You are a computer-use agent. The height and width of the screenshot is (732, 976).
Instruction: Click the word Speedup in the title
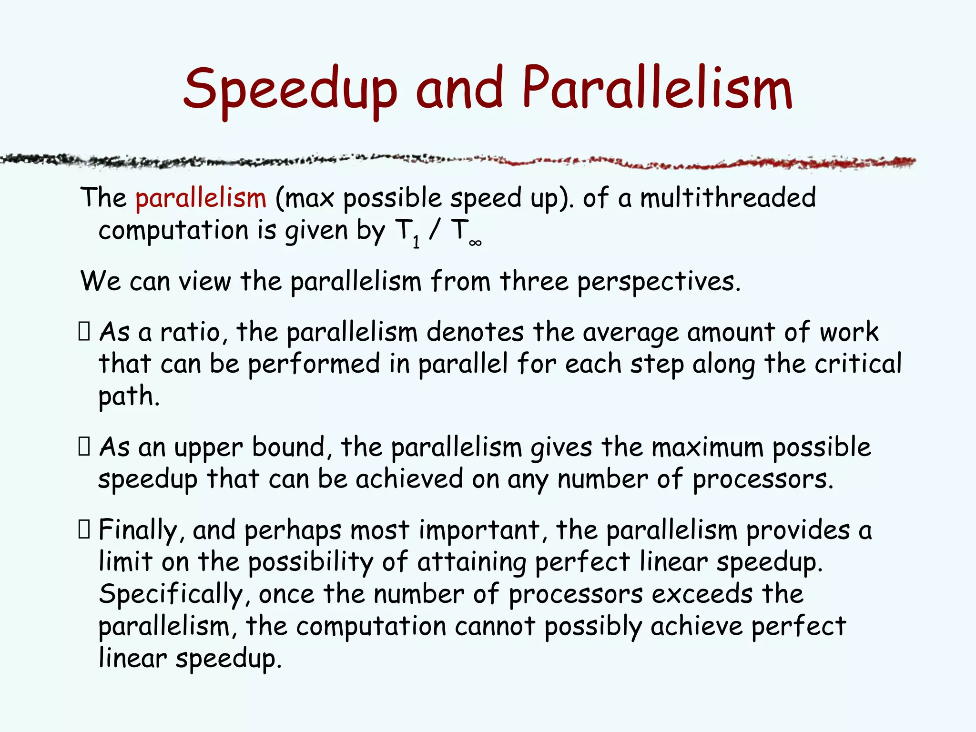[290, 90]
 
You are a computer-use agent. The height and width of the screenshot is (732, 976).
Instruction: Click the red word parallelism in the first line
[201, 198]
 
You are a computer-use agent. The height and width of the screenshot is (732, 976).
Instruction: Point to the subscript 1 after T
[416, 242]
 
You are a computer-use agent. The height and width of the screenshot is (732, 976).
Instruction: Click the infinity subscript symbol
[475, 243]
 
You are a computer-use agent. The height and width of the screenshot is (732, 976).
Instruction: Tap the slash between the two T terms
[434, 231]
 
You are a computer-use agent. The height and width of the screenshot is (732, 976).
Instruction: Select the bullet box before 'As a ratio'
[84, 331]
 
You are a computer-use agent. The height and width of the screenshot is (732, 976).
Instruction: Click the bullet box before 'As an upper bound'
[84, 447]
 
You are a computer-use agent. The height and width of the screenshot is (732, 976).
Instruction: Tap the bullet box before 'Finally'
[84, 529]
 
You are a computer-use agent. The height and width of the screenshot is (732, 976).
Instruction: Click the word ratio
[190, 332]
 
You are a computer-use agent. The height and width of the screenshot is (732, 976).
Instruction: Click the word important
[479, 530]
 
